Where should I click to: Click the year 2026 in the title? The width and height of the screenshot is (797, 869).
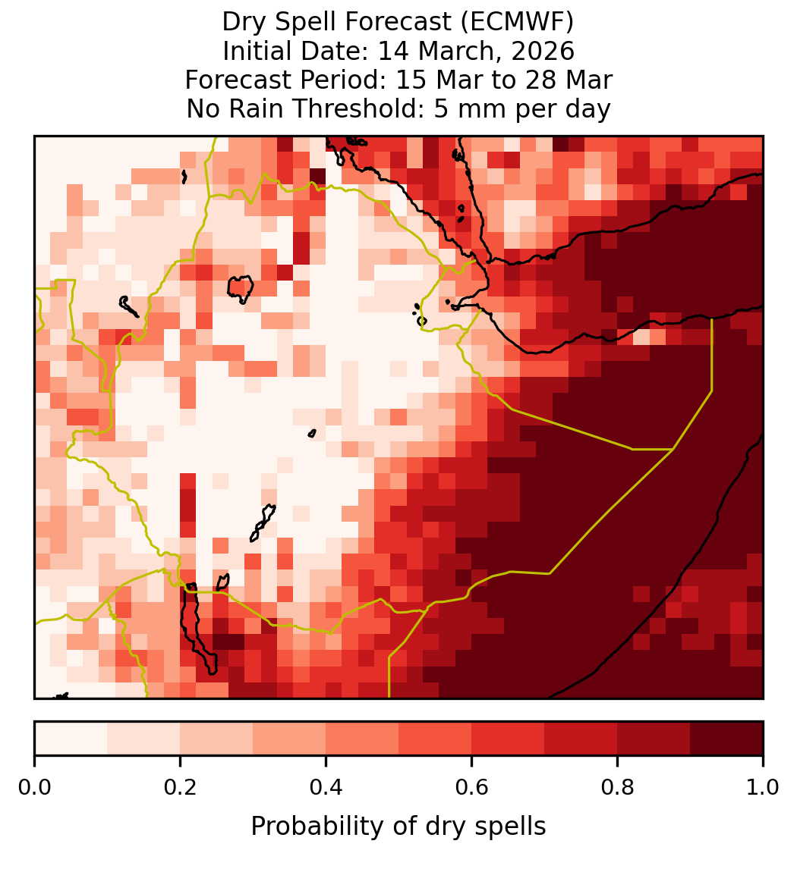(x=543, y=51)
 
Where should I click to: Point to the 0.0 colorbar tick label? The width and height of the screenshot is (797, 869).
(x=34, y=788)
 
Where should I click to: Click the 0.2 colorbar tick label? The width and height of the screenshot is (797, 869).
(x=180, y=788)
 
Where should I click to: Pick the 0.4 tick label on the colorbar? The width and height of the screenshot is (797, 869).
(x=326, y=788)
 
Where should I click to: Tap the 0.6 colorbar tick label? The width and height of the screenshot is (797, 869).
(x=472, y=788)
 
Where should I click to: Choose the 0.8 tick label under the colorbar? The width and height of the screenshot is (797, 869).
(x=617, y=788)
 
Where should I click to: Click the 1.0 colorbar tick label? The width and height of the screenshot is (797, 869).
(x=763, y=788)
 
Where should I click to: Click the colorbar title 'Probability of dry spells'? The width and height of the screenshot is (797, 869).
(x=398, y=827)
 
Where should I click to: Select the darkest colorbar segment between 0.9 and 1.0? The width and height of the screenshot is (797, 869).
(x=726, y=739)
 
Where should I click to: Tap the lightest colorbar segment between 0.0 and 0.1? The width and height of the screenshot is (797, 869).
(x=71, y=739)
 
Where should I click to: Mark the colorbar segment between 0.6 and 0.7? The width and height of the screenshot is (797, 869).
(x=508, y=739)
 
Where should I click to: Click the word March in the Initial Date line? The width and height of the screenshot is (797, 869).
(x=460, y=51)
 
